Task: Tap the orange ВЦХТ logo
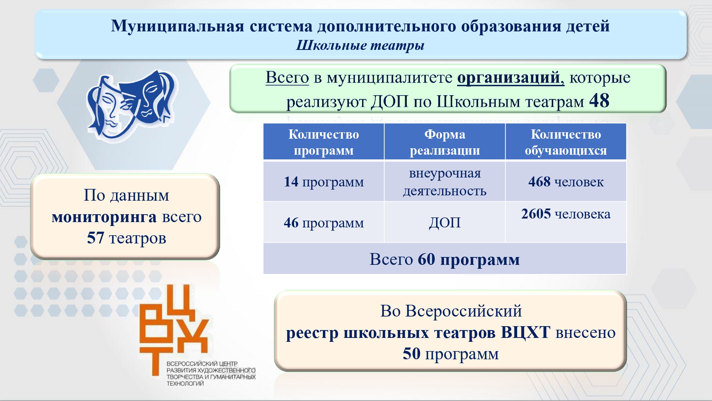174,329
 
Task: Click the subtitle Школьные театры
360,46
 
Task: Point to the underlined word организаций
511,78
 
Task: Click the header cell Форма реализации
445,142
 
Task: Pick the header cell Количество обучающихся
566,142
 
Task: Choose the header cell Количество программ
324,142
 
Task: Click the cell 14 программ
324,182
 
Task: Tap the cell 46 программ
324,223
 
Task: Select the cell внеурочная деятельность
445,182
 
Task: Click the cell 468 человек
566,182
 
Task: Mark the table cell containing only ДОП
445,223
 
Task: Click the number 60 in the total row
426,259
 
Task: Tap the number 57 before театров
95,238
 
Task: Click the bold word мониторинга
104,217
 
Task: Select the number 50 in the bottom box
412,354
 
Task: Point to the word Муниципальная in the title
177,26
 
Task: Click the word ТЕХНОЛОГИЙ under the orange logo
185,384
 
